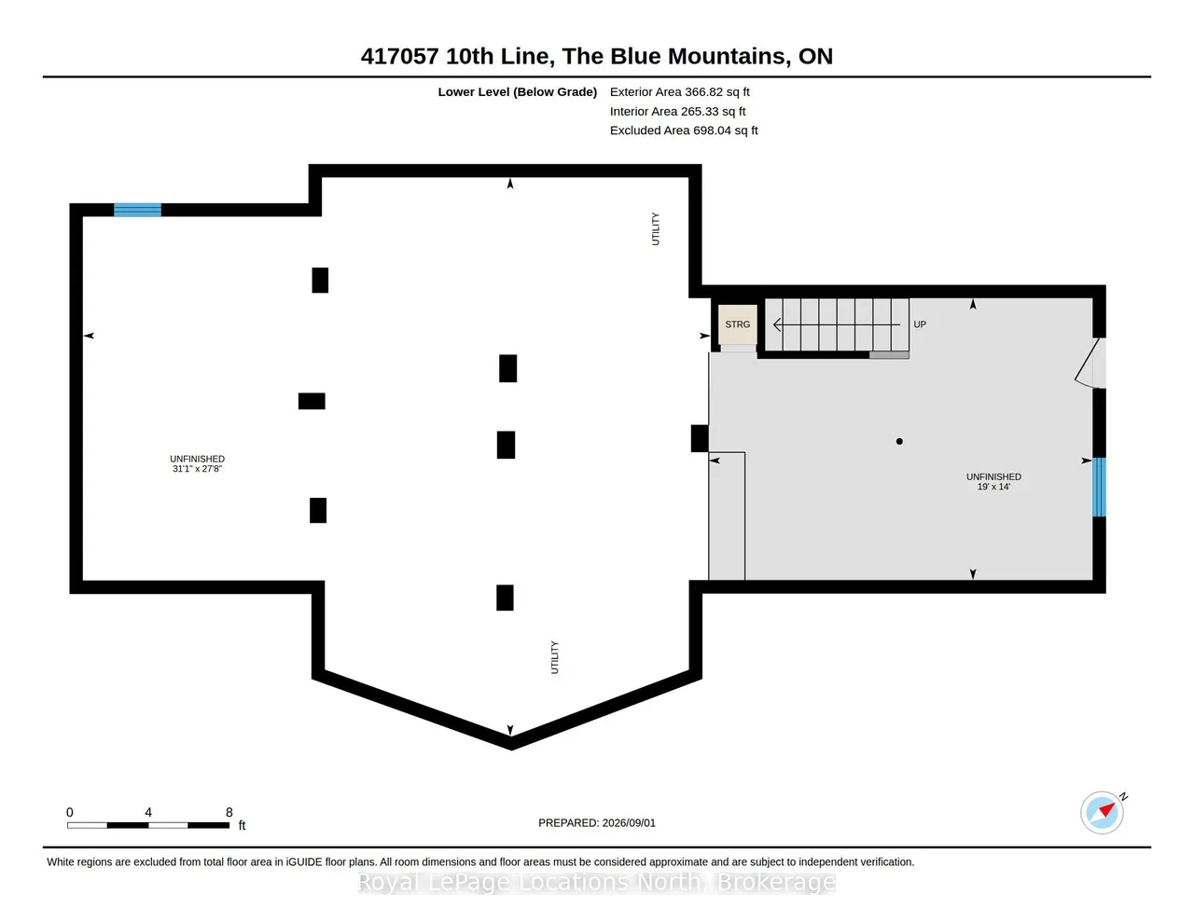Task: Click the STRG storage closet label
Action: point(737,324)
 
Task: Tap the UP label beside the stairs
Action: point(919,324)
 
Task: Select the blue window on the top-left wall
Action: point(137,210)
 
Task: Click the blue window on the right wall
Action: point(1099,487)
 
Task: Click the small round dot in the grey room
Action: point(899,441)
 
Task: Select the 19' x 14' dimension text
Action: point(993,487)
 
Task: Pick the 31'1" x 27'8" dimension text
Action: point(197,468)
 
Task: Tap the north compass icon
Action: point(1103,812)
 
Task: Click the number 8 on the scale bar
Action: point(229,812)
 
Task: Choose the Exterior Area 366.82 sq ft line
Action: point(679,92)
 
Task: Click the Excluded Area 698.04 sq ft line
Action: point(684,131)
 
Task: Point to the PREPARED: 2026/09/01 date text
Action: point(597,822)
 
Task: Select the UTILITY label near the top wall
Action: point(655,229)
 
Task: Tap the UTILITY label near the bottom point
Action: point(554,657)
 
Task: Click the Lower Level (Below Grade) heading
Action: point(517,92)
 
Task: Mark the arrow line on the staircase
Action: point(837,325)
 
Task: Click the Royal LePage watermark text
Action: point(597,883)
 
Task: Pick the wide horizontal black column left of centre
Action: point(312,401)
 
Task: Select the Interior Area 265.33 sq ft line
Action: point(677,112)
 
